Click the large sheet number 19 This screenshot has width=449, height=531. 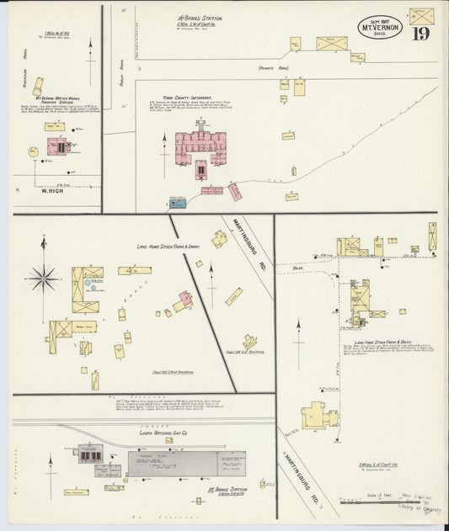[420, 34]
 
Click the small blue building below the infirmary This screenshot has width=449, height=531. [177, 203]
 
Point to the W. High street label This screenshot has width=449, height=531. [53, 189]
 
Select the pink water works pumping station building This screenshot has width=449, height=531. [57, 146]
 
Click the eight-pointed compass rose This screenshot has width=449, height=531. [43, 276]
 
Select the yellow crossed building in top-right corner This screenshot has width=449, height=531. [421, 15]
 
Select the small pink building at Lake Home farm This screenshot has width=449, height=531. [184, 300]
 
